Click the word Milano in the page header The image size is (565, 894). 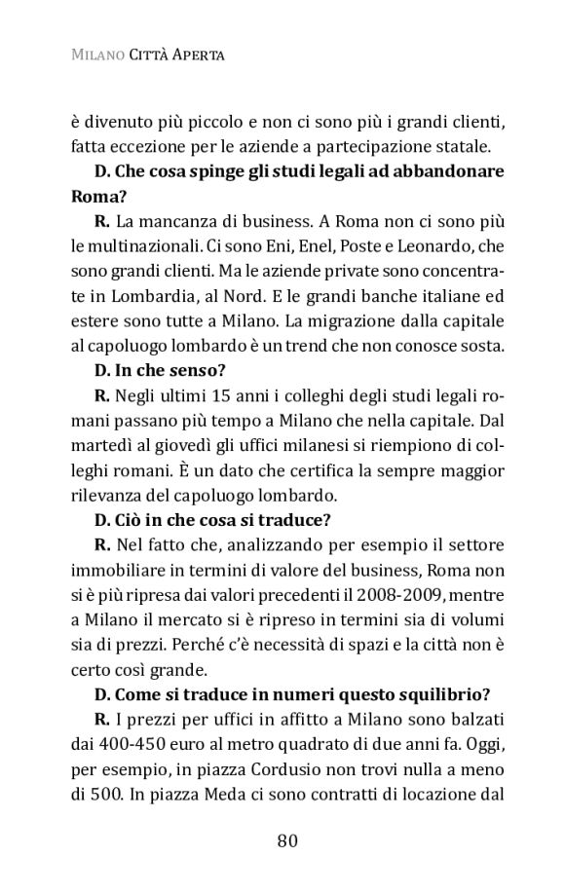[95, 56]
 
